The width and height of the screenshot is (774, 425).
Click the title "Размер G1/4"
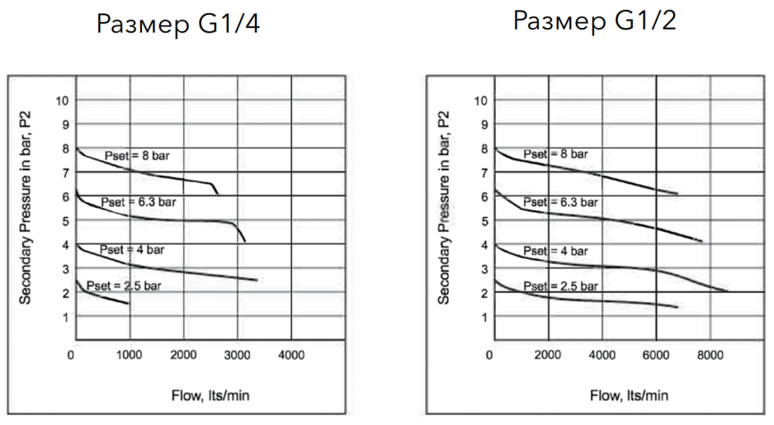pyautogui.click(x=179, y=25)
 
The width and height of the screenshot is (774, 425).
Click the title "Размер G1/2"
pyautogui.click(x=595, y=20)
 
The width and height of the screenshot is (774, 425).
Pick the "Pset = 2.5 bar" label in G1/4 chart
pyautogui.click(x=124, y=286)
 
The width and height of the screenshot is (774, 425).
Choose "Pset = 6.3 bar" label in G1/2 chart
pyautogui.click(x=560, y=202)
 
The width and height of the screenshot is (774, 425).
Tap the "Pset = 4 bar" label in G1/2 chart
pyautogui.click(x=556, y=250)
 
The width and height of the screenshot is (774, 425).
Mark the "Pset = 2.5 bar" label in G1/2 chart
pyautogui.click(x=560, y=286)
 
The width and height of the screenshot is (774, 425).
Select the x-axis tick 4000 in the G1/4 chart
pyautogui.click(x=292, y=355)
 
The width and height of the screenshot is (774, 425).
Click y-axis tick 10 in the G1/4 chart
pyautogui.click(x=61, y=100)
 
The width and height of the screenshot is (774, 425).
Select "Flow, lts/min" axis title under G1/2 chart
pyautogui.click(x=629, y=396)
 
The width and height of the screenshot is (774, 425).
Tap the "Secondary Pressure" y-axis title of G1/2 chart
pyautogui.click(x=444, y=206)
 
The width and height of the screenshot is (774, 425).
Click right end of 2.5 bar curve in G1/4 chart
pyautogui.click(x=128, y=304)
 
